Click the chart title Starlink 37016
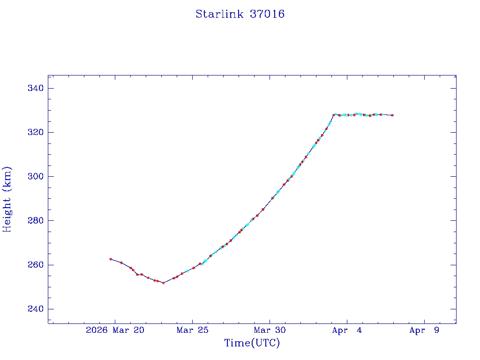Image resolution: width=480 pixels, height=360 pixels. pos(240,14)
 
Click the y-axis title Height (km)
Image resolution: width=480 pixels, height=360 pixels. pos(7,199)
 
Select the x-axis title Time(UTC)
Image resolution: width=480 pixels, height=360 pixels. pos(252,343)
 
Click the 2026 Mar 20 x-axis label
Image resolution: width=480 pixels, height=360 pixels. pos(115,330)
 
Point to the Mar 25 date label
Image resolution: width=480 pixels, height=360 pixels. pos(192,330)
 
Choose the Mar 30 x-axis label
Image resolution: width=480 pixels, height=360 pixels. pos(270,330)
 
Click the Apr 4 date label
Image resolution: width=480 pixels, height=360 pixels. pos(347,330)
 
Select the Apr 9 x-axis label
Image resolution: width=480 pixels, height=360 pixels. pos(424,330)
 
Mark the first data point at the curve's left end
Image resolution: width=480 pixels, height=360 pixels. pos(111,259)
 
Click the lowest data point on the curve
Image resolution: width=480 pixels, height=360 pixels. pos(163,283)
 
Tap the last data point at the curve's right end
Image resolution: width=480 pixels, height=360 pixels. pos(392,115)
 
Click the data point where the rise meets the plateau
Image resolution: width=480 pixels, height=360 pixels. pos(334,115)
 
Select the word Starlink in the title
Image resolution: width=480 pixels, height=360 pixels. pos(219,14)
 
